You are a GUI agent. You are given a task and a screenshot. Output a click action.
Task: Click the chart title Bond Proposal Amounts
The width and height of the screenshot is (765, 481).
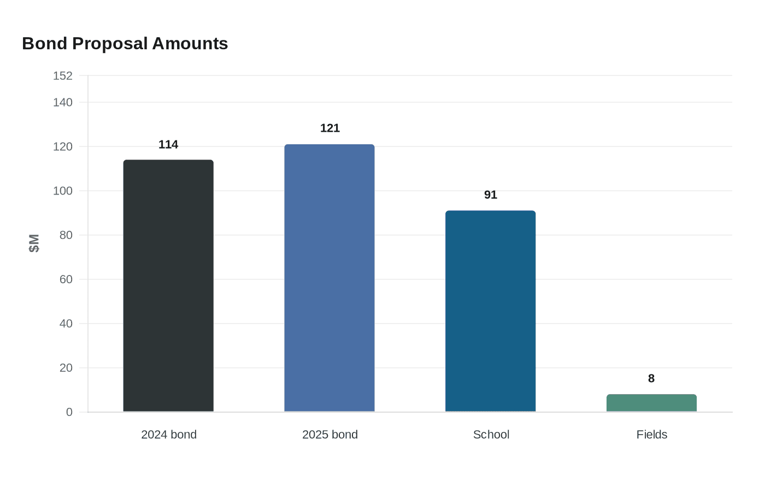(x=125, y=43)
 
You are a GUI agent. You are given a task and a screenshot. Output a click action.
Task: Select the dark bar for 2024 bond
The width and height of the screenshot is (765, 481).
(x=168, y=285)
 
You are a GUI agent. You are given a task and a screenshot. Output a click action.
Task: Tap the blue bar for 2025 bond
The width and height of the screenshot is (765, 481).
(x=329, y=278)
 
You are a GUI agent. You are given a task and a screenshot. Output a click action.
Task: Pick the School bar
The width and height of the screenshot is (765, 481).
(x=490, y=310)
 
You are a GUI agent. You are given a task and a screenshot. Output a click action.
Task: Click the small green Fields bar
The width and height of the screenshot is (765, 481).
(x=651, y=403)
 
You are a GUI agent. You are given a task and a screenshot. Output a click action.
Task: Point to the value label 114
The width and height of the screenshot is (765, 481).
(x=168, y=144)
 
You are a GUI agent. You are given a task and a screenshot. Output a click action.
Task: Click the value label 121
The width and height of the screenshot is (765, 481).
(x=329, y=128)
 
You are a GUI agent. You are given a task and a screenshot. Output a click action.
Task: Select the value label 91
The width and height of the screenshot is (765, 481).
(x=490, y=195)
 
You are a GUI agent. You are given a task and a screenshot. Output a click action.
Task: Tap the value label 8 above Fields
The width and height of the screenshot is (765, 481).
(x=651, y=378)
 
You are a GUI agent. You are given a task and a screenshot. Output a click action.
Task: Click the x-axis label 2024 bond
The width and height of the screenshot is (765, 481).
(x=168, y=435)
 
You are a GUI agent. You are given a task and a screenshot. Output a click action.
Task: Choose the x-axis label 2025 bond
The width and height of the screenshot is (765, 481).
(x=329, y=435)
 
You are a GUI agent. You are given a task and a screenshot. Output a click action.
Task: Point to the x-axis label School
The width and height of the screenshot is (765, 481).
(x=491, y=435)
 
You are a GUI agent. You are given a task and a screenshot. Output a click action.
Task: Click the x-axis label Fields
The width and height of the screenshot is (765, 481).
(x=651, y=435)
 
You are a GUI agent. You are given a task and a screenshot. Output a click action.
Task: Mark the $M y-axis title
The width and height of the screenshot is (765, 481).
(x=34, y=243)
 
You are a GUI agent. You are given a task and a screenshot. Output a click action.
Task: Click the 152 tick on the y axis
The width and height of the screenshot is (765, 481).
(x=62, y=75)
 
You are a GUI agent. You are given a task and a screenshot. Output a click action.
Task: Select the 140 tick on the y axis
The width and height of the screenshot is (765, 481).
(x=62, y=102)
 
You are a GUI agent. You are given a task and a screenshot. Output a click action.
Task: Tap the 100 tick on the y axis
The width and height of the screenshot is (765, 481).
(x=62, y=191)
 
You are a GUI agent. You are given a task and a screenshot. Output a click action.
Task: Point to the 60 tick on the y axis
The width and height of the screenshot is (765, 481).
(x=66, y=279)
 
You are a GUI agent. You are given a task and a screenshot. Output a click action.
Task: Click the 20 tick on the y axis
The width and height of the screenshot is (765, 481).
(x=66, y=368)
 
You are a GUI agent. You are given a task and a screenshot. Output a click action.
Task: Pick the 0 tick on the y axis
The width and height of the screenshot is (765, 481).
(x=69, y=412)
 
